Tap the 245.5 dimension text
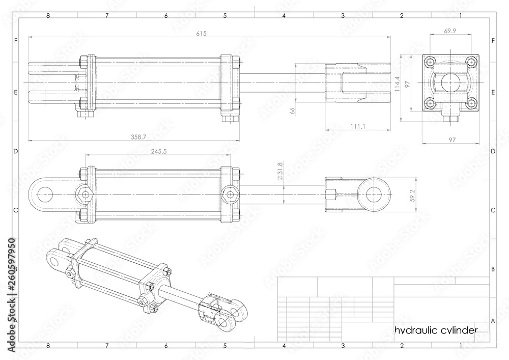159,151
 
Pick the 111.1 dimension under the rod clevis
358,126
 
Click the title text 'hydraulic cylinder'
436,330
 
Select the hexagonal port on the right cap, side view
230,195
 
